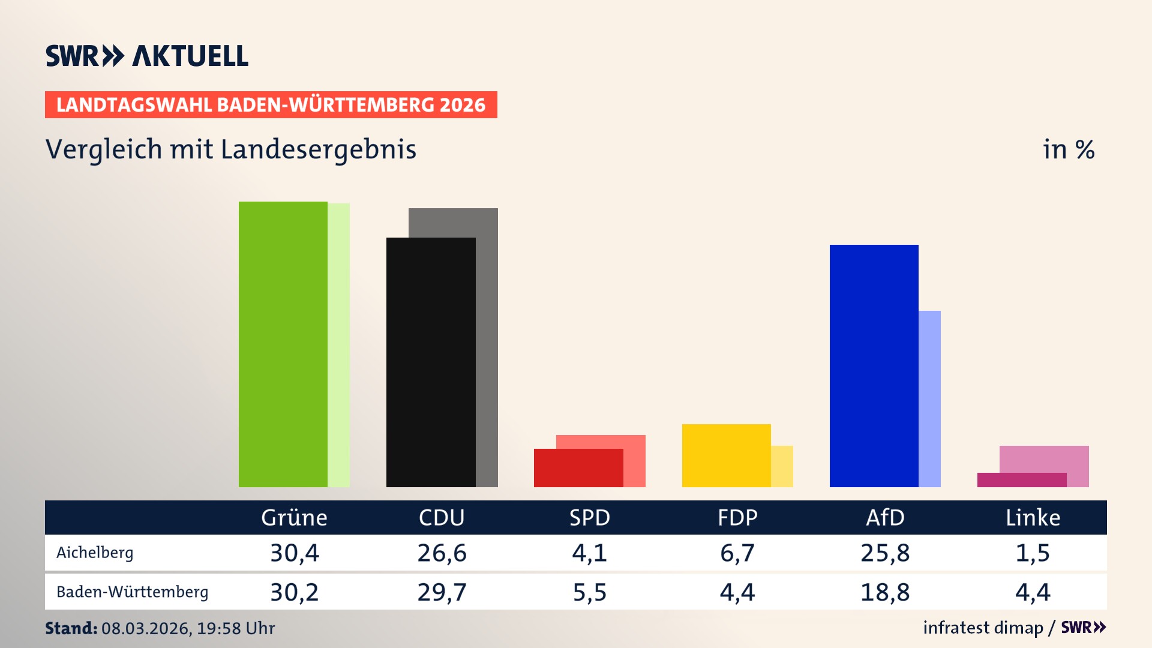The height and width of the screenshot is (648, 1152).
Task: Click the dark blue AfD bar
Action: point(874,366)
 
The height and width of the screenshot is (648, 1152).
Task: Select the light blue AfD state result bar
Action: point(930,399)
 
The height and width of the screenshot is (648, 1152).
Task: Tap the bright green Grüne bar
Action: point(283,344)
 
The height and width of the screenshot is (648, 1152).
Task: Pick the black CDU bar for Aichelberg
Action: point(431,362)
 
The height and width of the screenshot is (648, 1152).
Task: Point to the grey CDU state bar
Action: point(487,348)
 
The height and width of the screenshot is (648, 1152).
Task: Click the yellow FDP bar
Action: point(726,455)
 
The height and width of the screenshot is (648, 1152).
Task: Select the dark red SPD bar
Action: point(578,468)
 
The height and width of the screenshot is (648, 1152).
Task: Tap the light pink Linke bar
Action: point(1044,459)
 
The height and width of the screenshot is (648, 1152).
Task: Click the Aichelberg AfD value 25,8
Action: point(885,553)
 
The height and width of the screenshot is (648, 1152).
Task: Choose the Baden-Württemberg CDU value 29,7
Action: point(442,592)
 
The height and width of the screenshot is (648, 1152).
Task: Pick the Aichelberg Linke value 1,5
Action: point(1033,553)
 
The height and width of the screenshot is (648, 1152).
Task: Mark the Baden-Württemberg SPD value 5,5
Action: point(590,592)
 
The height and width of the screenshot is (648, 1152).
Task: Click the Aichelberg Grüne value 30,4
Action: point(295,553)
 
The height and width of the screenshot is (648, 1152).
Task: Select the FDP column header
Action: point(737,517)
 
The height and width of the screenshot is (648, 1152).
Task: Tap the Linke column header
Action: point(1033,517)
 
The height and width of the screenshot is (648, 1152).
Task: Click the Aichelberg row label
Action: point(95,553)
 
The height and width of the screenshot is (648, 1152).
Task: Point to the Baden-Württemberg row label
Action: point(132,592)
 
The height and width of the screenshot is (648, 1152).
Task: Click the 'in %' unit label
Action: point(1069,149)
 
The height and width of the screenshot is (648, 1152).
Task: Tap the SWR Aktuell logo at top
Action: point(147,56)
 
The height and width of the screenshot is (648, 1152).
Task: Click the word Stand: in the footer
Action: point(71,628)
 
